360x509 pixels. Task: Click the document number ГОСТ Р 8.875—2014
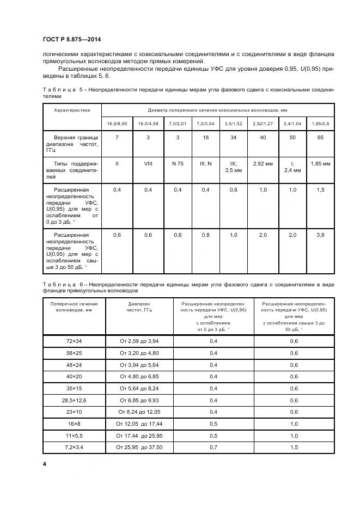point(71,40)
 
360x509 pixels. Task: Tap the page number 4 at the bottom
point(44,463)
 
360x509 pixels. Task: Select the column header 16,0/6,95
point(118,124)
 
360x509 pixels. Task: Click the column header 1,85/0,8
point(320,124)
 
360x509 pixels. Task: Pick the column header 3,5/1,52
point(234,124)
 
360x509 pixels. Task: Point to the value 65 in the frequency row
point(320,138)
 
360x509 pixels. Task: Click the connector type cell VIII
point(148,163)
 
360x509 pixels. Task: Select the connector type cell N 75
point(177,163)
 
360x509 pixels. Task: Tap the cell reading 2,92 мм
point(263,163)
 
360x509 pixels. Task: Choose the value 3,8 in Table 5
point(320,235)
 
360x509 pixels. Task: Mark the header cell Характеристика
point(71,110)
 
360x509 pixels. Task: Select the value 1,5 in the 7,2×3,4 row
point(294,447)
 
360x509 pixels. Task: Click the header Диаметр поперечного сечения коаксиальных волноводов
point(218,110)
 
